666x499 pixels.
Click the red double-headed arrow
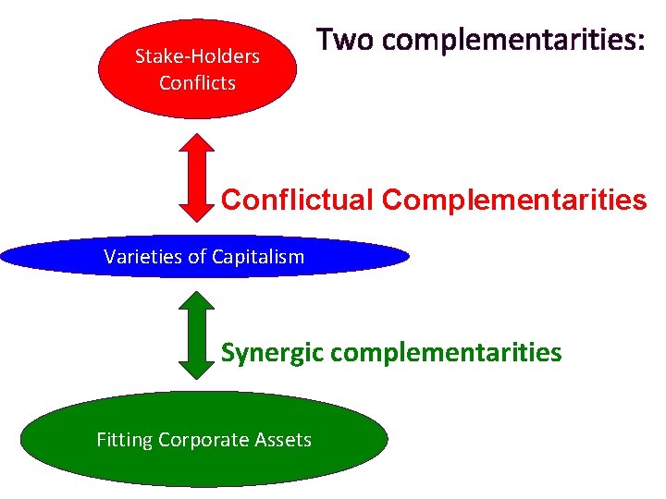(195, 176)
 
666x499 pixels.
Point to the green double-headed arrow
(195, 335)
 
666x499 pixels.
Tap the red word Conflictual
(298, 200)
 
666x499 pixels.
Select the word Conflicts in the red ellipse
(197, 82)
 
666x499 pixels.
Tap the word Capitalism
(260, 257)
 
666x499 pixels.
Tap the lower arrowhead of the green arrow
(195, 367)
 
